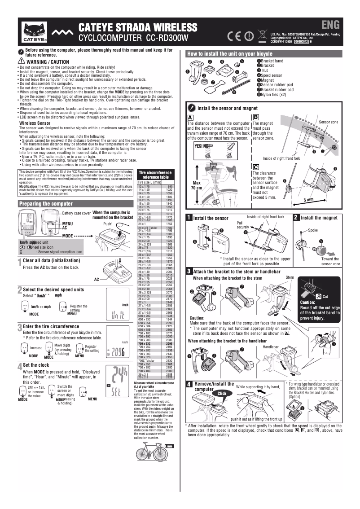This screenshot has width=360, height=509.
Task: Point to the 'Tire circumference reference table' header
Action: (x=155, y=175)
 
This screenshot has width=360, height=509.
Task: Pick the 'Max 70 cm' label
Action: (x=196, y=185)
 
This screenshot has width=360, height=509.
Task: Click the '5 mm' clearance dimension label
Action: (x=308, y=200)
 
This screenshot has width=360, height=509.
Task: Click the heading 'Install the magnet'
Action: (x=319, y=218)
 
